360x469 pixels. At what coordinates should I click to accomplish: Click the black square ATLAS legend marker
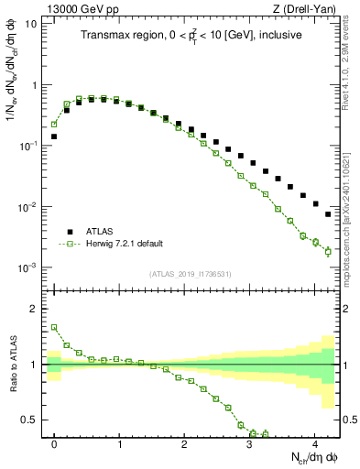point(69,232)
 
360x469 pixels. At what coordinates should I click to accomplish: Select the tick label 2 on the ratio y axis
point(35,309)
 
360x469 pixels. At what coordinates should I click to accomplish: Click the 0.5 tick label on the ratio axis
point(30,420)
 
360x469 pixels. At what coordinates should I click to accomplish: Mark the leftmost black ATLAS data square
point(54,136)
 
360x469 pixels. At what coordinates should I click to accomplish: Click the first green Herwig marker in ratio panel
point(54,327)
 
